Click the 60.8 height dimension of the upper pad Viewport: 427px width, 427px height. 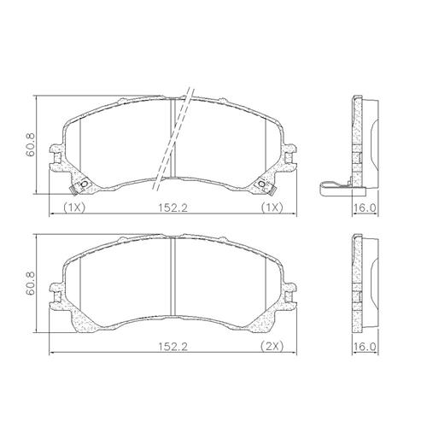pos(30,144)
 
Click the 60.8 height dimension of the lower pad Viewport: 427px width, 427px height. pos(30,283)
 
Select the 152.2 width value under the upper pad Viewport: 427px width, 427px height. pos(173,208)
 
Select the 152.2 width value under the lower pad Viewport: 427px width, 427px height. pos(173,347)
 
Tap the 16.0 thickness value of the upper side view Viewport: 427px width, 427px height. pos(365,208)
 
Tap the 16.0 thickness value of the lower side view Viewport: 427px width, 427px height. pos(365,347)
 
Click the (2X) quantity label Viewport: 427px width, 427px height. pos(272,346)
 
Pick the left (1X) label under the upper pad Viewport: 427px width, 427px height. pos(74,208)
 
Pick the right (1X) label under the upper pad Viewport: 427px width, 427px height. pos(272,208)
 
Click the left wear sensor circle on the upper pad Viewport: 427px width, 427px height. pos(85,184)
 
